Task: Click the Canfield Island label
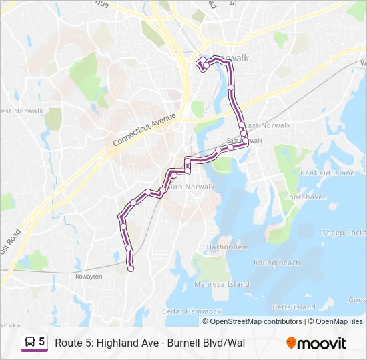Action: (327, 173)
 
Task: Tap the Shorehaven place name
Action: (306, 197)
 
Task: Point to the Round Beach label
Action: (276, 263)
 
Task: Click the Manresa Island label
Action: (222, 284)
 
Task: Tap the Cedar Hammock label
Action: (192, 311)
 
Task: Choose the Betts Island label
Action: (294, 307)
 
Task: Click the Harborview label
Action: (227, 247)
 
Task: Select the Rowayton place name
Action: (88, 276)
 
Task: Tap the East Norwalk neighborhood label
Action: (267, 125)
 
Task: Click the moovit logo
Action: (316, 343)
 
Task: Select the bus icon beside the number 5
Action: (30, 342)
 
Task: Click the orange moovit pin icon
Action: (291, 343)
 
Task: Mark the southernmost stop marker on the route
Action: (131, 269)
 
